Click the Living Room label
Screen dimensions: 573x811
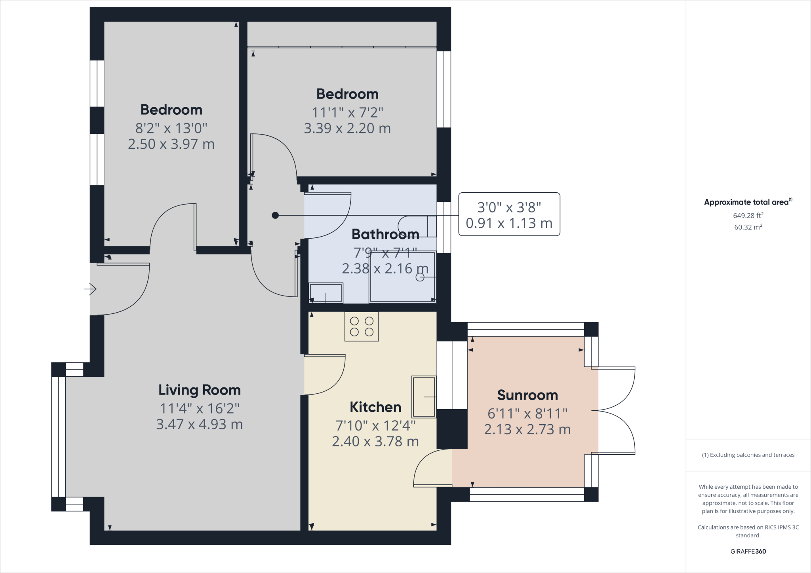200,390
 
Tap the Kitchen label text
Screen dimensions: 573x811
375,407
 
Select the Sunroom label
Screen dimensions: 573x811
527,395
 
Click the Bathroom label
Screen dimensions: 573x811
385,234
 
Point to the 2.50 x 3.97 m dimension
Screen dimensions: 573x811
171,144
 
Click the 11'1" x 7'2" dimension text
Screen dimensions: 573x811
347,113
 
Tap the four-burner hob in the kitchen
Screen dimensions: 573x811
362,326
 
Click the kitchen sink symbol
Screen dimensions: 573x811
424,397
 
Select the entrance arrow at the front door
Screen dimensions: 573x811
91,289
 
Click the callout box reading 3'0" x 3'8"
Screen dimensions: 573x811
509,214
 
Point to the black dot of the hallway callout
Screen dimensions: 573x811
275,215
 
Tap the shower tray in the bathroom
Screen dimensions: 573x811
402,277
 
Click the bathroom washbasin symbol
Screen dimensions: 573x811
326,293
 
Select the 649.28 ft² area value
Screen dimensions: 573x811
748,216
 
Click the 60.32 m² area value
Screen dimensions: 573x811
748,227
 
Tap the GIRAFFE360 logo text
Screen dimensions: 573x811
748,551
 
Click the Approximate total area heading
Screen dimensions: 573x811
747,202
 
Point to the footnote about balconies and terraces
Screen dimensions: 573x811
748,455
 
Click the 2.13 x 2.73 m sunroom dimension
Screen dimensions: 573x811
527,430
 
